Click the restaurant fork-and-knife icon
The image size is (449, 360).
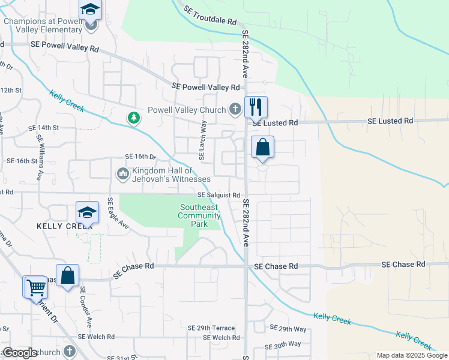point(256,107)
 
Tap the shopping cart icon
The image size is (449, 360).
point(35,287)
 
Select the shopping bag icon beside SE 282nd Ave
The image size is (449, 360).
point(262,147)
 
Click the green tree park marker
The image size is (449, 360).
point(134,118)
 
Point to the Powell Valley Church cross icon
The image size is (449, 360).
point(235,109)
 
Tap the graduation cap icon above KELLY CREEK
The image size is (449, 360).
point(87,212)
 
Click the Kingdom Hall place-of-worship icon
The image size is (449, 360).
point(122,173)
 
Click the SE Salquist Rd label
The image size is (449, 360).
point(219,196)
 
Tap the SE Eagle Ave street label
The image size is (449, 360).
point(118,214)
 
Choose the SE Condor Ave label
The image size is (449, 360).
point(86,306)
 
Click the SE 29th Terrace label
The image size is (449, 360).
point(211,328)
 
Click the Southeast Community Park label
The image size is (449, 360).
point(200,216)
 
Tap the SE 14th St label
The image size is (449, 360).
point(44,128)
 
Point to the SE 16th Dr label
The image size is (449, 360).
point(140,157)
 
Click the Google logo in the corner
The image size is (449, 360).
point(20,353)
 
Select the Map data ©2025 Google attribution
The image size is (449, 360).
point(411,355)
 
